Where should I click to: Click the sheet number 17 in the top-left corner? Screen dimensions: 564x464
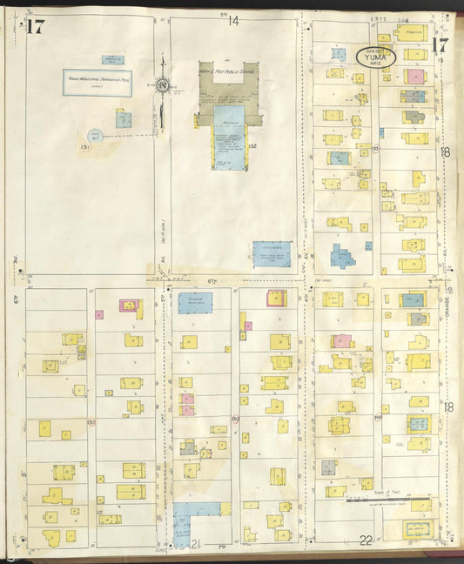(x=35, y=26)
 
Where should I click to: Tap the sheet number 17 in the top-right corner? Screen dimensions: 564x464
(x=439, y=45)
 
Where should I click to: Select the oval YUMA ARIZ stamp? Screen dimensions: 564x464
(x=376, y=57)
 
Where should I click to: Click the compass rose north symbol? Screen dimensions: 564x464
(x=163, y=85)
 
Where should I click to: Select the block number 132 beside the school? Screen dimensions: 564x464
(x=252, y=146)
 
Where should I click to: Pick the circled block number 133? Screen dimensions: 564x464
(x=375, y=150)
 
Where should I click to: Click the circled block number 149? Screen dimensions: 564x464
(x=377, y=418)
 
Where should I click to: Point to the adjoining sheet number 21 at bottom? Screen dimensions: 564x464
(x=197, y=544)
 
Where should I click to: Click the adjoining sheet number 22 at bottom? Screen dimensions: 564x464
(x=366, y=540)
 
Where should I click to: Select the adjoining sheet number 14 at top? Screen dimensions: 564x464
(x=233, y=21)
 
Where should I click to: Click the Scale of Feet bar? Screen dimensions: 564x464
(x=388, y=500)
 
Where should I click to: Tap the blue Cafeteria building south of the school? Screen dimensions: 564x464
(x=272, y=253)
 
